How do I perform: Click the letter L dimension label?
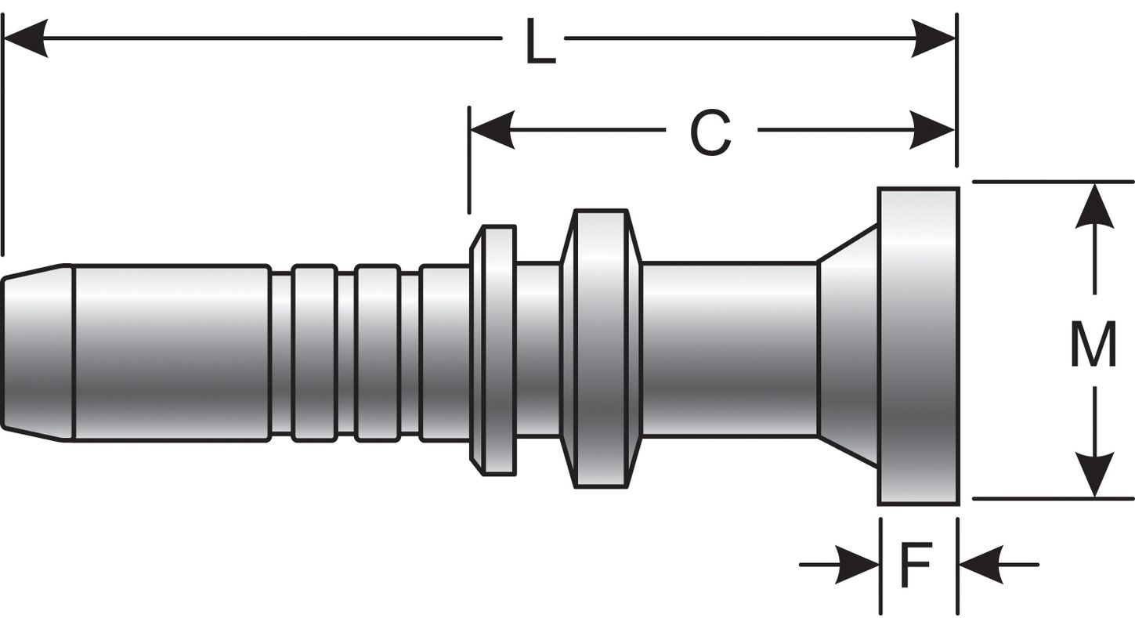[540, 42]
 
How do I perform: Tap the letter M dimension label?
[1093, 345]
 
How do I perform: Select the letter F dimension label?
[916, 566]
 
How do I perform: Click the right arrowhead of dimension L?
[933, 38]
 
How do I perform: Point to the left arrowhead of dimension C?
[492, 130]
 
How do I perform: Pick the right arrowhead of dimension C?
[932, 130]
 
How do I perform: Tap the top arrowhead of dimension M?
[1094, 206]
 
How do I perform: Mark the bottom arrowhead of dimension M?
[1094, 475]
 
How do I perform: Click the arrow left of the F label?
[858, 565]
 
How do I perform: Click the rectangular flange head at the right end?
[918, 346]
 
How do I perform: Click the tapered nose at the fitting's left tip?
[38, 352]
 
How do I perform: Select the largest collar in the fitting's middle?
[601, 349]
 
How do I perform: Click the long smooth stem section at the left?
[171, 352]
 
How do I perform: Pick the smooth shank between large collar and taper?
[729, 349]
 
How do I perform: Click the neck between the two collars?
[538, 349]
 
